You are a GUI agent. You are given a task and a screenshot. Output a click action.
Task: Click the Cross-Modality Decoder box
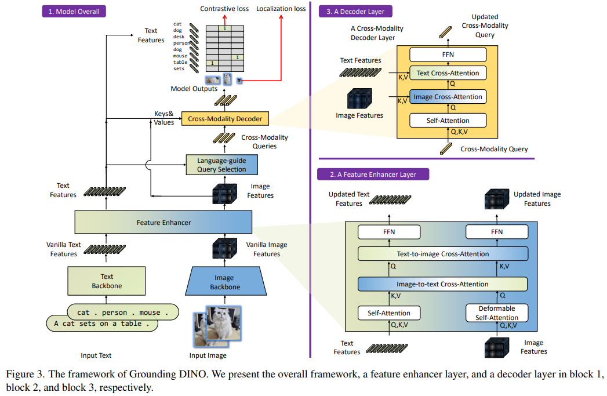[225, 119]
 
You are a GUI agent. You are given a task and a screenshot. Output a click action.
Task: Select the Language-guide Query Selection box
[222, 165]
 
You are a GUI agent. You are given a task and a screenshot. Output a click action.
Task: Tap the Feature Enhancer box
[163, 222]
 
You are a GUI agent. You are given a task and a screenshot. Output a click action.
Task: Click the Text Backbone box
[107, 281]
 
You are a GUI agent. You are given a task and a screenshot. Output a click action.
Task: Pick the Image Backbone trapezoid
[226, 281]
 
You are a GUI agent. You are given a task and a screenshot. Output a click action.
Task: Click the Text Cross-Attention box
[448, 73]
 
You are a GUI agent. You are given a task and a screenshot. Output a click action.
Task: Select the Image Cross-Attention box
[448, 97]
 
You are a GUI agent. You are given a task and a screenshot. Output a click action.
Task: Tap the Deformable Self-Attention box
[497, 313]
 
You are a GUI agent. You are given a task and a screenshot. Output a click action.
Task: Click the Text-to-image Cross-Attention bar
[443, 254]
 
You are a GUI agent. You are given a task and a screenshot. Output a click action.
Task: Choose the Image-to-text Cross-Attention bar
[442, 284]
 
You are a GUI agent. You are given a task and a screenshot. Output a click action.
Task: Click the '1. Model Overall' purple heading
[74, 11]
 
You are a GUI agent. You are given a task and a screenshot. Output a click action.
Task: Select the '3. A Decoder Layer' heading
[355, 11]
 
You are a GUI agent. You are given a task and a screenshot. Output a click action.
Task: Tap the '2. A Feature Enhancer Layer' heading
[373, 174]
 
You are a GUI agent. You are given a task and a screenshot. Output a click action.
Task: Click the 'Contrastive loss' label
[224, 9]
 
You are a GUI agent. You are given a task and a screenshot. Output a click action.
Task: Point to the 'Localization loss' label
[281, 9]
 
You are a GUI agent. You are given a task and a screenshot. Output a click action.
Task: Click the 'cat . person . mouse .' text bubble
[123, 312]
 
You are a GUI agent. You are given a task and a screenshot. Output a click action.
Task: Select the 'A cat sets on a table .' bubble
[102, 324]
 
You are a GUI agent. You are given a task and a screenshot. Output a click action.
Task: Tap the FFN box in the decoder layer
[448, 55]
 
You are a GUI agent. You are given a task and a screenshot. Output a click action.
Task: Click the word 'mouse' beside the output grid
[180, 56]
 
